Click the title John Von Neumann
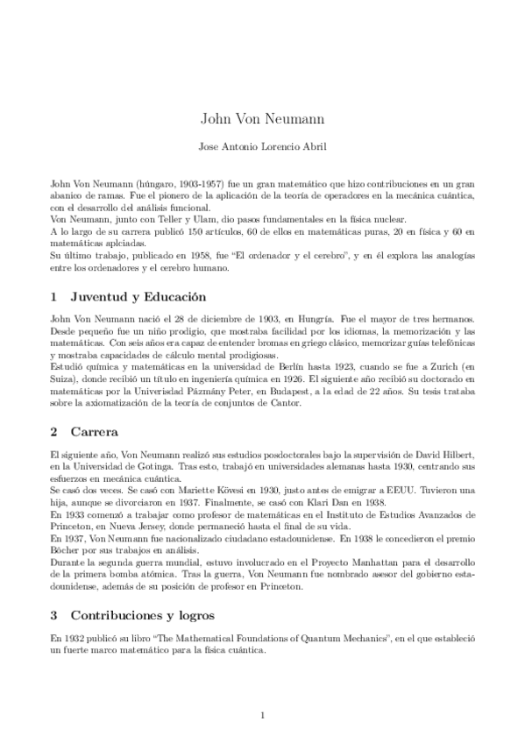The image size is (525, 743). tap(262, 118)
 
